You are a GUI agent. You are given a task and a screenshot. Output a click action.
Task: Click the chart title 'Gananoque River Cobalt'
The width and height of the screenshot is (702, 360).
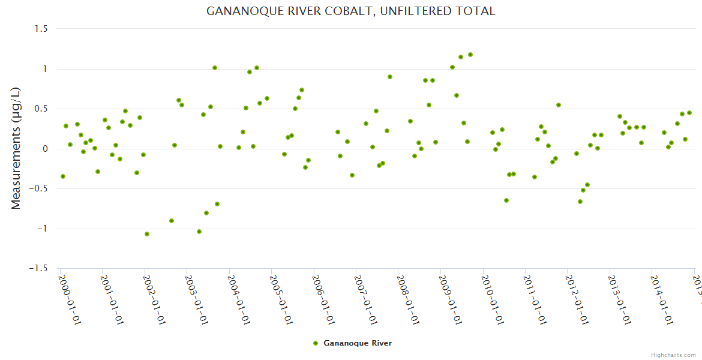pyautogui.click(x=350, y=11)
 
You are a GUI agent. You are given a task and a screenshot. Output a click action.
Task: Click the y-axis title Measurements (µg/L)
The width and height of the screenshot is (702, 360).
pyautogui.click(x=16, y=149)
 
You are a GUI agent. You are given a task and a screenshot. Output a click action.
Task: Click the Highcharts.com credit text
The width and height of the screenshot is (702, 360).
pyautogui.click(x=674, y=355)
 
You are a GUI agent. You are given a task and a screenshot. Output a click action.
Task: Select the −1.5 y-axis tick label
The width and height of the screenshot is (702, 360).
pyautogui.click(x=38, y=269)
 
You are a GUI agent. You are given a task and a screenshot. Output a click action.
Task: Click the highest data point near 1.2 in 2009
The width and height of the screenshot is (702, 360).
pyautogui.click(x=470, y=55)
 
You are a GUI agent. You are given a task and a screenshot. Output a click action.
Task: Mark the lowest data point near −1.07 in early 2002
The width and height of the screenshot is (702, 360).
pyautogui.click(x=147, y=234)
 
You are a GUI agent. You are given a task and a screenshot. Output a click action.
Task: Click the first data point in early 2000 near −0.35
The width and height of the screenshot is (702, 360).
pyautogui.click(x=63, y=176)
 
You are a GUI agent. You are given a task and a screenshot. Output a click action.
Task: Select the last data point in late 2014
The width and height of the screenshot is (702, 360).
pyautogui.click(x=689, y=113)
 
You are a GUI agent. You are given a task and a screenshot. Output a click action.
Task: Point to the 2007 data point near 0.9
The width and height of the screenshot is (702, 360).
pyautogui.click(x=390, y=77)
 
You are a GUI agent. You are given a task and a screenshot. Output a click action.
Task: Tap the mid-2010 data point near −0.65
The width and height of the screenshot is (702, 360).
pyautogui.click(x=506, y=200)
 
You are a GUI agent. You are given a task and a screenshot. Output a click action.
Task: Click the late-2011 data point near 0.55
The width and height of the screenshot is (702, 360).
pyautogui.click(x=559, y=105)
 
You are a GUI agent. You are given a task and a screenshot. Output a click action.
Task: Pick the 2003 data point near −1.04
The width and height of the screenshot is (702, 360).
pyautogui.click(x=199, y=232)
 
